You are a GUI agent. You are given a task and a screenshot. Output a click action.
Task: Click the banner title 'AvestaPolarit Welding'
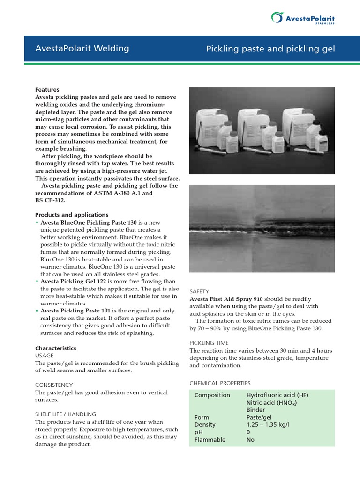pos(82,48)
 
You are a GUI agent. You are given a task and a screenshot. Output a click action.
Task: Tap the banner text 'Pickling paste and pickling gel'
pos(270,49)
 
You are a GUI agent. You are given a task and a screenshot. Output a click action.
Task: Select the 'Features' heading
pos(47,90)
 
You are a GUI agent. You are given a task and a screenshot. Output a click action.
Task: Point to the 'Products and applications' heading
pos(72,215)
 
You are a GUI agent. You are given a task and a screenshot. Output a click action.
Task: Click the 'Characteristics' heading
pos(56,348)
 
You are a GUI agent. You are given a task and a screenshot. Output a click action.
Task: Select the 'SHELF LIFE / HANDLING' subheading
pos(66,414)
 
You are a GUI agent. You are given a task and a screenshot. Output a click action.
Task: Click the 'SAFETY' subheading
pos(199,291)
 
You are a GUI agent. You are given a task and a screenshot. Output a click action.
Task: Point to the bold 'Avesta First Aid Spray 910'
pos(226,298)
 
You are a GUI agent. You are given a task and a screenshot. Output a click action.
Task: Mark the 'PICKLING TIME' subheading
pos(210,343)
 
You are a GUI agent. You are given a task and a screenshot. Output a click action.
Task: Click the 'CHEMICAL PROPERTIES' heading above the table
pos(220,383)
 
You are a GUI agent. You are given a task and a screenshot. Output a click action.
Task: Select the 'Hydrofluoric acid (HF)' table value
pos(277,395)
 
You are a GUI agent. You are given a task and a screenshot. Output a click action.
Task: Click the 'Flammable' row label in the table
pos(210,440)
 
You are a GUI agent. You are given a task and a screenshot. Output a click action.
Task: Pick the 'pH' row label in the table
pos(198,432)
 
